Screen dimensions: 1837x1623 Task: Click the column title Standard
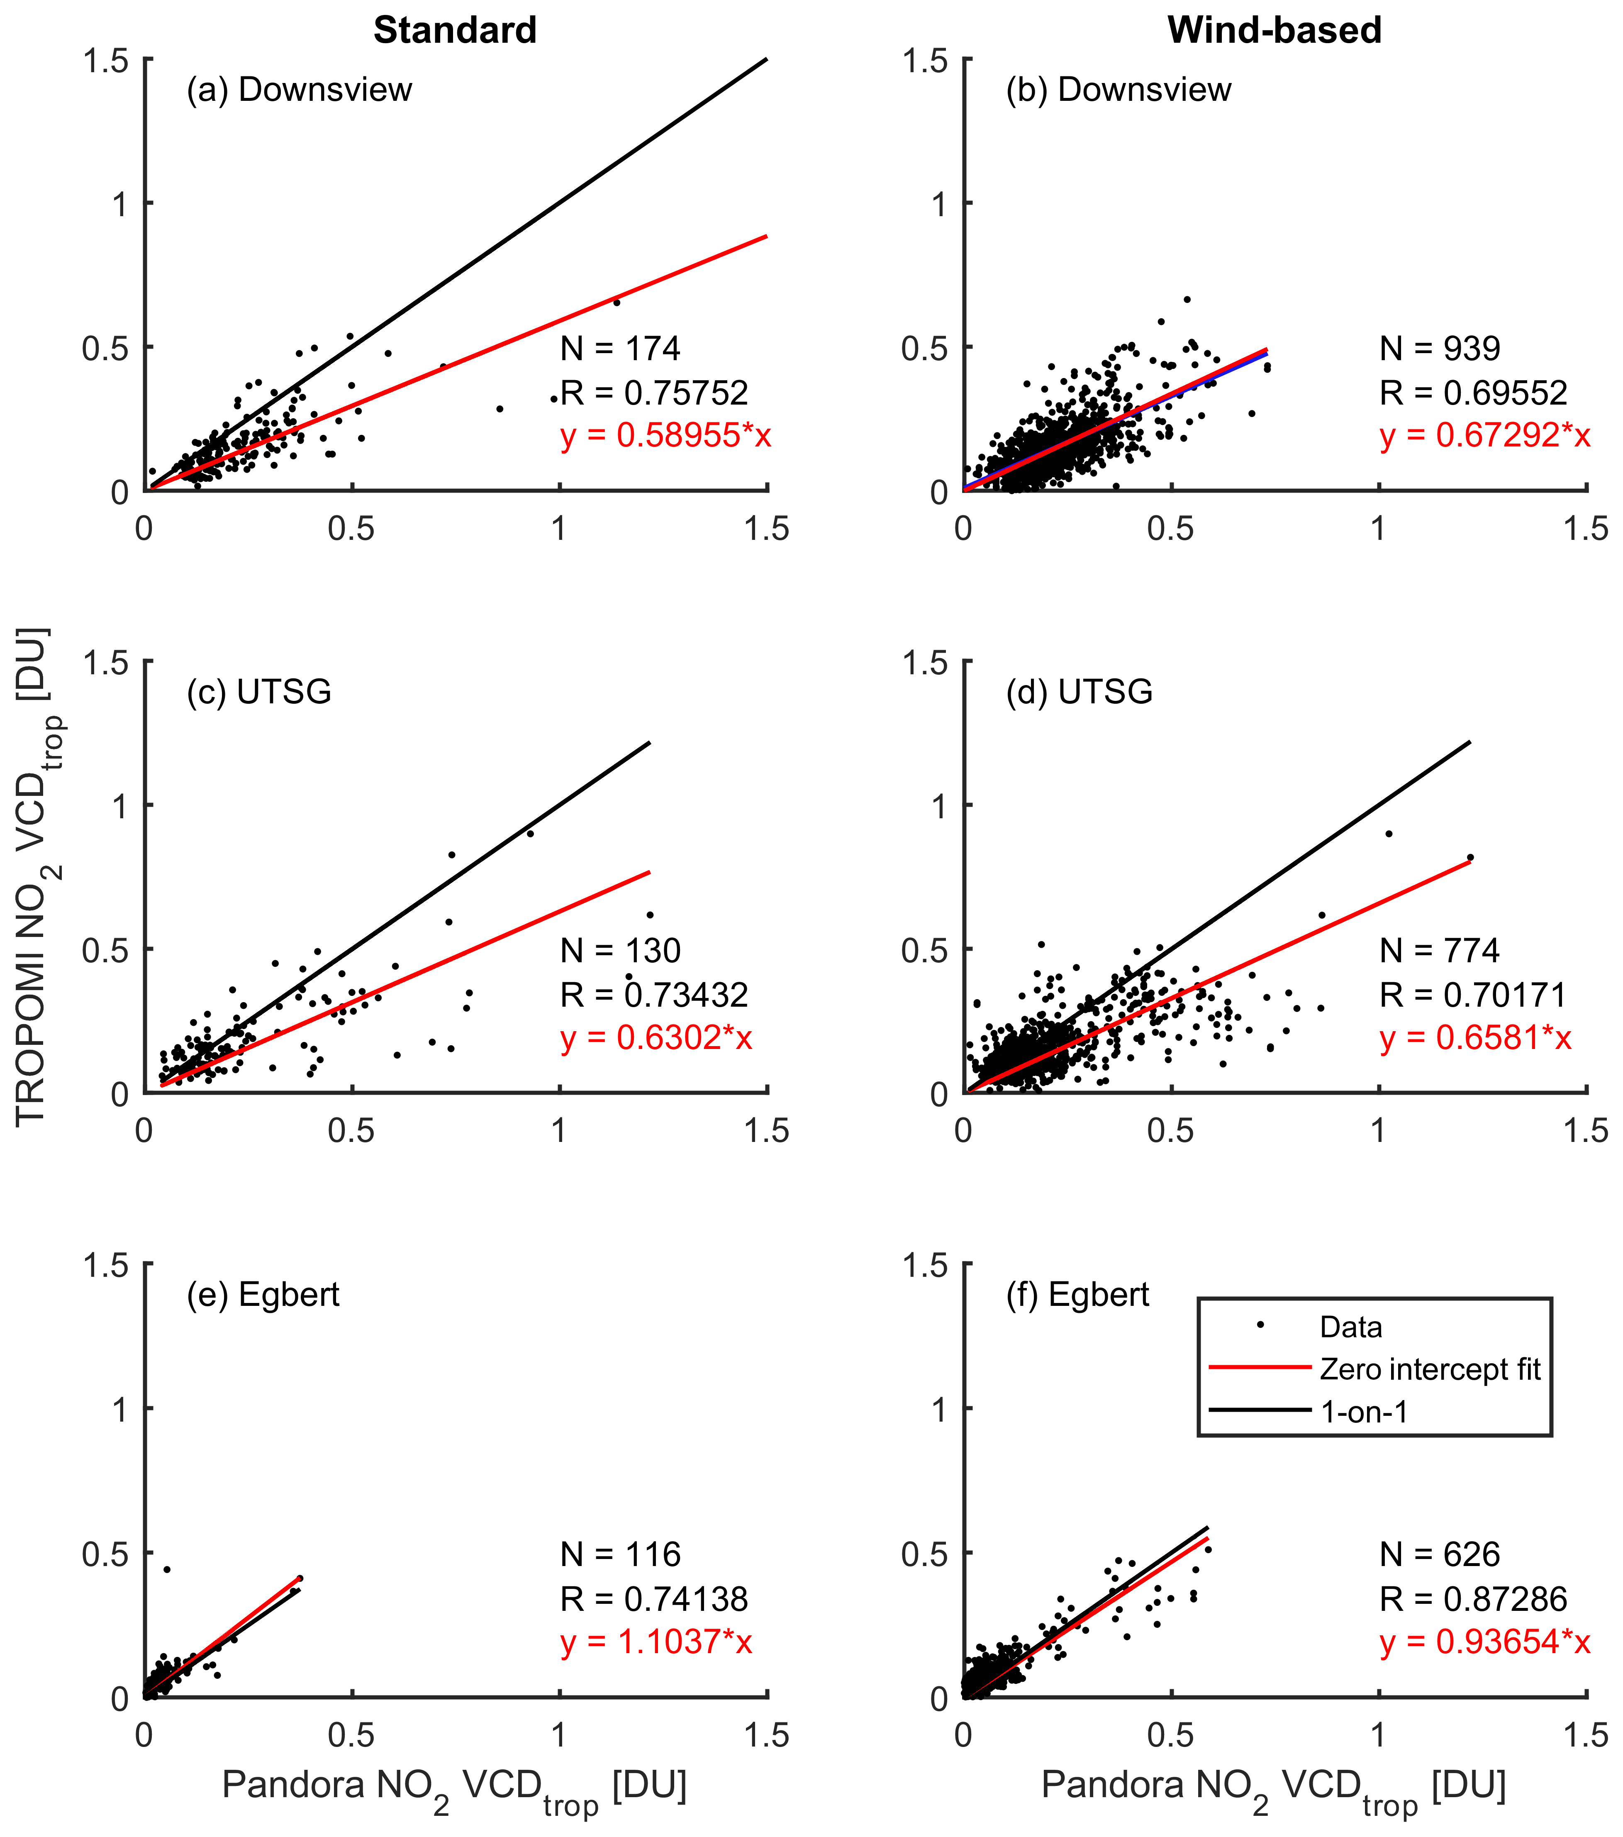tap(455, 31)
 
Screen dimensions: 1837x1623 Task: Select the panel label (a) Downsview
tap(299, 90)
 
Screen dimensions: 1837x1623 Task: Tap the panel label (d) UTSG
tap(1080, 692)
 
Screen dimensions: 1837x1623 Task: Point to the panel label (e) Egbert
tap(263, 1295)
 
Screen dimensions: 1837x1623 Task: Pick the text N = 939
tap(1440, 349)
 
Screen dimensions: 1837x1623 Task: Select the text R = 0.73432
tap(654, 995)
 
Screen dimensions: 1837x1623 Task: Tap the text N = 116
tap(620, 1555)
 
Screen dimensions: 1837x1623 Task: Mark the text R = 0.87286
tap(1474, 1599)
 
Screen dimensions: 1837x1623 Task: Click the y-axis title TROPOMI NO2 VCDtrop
tap(33, 876)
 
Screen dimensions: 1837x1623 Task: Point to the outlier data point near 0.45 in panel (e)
tap(166, 1569)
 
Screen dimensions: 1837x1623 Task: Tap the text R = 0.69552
tap(1474, 393)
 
